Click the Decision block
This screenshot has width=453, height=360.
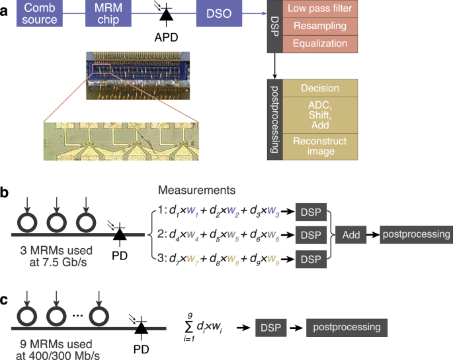pos(320,88)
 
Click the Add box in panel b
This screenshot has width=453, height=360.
pos(352,234)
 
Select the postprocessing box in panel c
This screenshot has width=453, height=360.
pos(347,327)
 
